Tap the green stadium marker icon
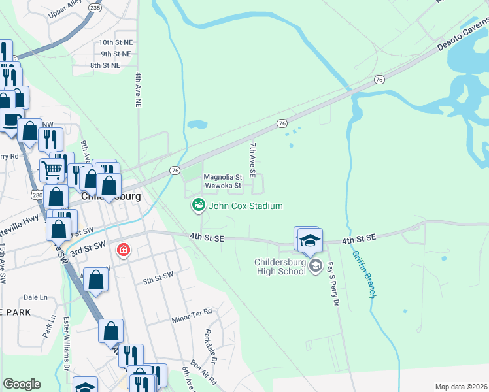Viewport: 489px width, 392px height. coord(197,206)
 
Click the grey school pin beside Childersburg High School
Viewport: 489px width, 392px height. coord(316,264)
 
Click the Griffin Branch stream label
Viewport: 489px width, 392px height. coord(364,276)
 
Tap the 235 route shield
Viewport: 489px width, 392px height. coord(95,8)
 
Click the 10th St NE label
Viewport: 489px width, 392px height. coord(116,42)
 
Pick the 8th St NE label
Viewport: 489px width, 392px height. coord(105,65)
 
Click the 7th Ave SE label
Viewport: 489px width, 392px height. coord(251,163)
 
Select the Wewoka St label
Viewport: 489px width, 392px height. coord(223,186)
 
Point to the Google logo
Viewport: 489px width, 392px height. coord(22,384)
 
